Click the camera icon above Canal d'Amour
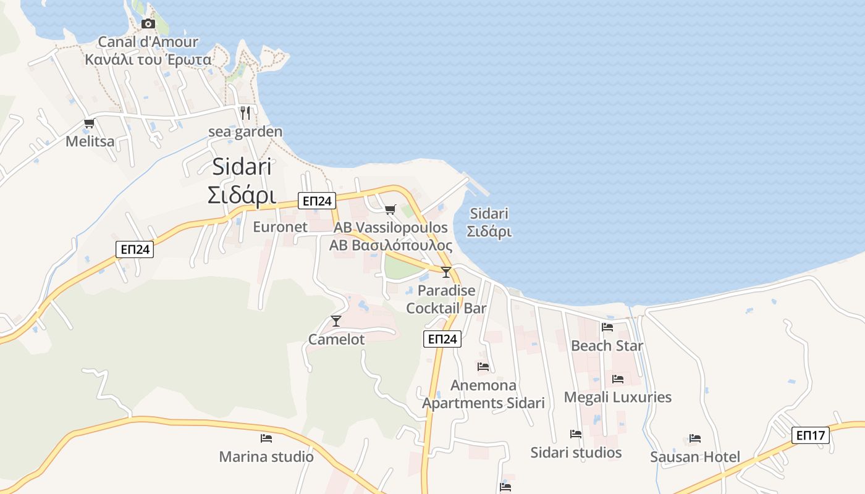[x=148, y=23]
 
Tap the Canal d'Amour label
[x=148, y=42]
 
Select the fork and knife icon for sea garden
[x=245, y=113]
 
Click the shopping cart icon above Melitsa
[x=89, y=123]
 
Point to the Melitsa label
[x=90, y=141]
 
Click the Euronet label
[x=280, y=227]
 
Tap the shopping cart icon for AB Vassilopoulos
[x=390, y=210]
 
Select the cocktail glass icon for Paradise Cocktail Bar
[x=446, y=272]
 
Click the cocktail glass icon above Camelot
[x=336, y=320]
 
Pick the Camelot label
[x=336, y=339]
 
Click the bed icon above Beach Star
[x=607, y=327]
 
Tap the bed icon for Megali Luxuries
[x=618, y=379]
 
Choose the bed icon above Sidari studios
[x=576, y=434]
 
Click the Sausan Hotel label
[x=695, y=457]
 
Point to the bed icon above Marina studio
[x=266, y=438]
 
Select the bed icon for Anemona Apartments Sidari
[x=483, y=367]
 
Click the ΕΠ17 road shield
[x=810, y=435]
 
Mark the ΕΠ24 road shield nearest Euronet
[x=316, y=200]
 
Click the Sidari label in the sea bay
[x=489, y=214]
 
